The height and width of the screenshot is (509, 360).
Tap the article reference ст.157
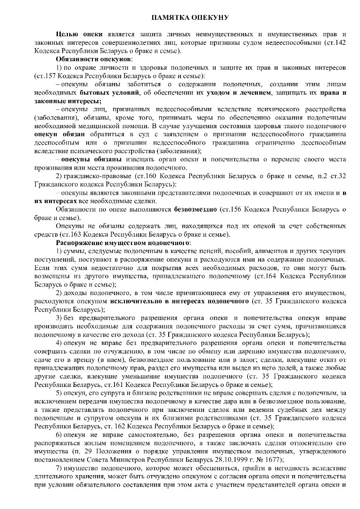point(45,76)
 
